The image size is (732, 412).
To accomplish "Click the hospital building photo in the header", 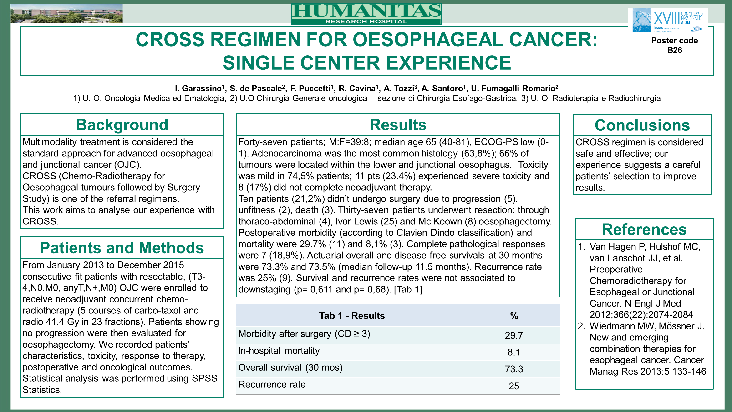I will tap(66, 14).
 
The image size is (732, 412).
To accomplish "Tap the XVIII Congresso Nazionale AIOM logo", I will tap(667, 21).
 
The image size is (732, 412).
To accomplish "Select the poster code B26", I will tap(674, 50).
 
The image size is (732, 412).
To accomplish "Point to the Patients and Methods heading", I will tap(122, 248).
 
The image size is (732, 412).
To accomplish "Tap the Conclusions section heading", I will tap(642, 125).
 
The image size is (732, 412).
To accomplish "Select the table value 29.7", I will tap(514, 335).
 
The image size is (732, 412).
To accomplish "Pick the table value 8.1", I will tap(514, 352).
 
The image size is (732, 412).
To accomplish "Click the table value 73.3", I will tap(514, 369).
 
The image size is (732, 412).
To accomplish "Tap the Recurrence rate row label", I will tap(272, 384).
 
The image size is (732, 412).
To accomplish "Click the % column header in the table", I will tap(514, 316).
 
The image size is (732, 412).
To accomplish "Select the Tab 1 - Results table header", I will tap(352, 316).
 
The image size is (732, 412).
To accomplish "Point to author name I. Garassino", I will tap(198, 89).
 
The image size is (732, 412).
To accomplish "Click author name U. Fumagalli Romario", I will tap(513, 89).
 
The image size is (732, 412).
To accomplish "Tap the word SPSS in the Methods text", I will tap(204, 378).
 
